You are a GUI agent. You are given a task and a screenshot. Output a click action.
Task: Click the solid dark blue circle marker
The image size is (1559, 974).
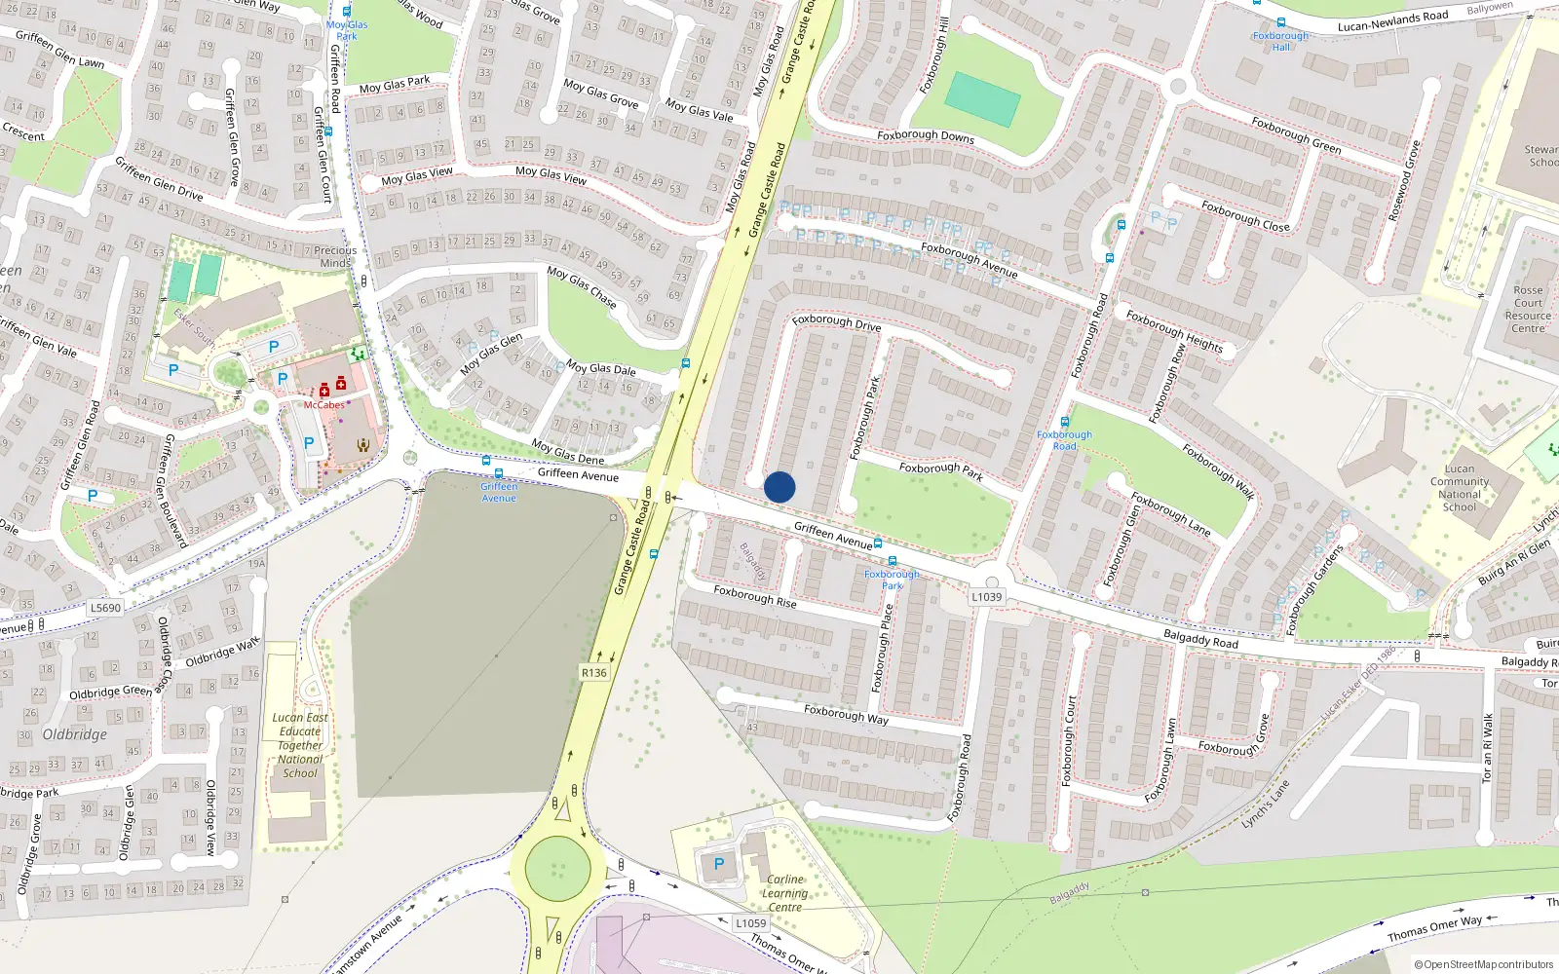click(779, 487)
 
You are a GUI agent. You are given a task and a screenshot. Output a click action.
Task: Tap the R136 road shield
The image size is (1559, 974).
click(593, 673)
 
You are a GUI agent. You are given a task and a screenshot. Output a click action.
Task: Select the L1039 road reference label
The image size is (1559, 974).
click(986, 597)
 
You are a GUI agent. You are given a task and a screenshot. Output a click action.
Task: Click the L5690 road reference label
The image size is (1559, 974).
click(105, 608)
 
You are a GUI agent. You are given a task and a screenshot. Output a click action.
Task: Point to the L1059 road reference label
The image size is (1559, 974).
click(750, 923)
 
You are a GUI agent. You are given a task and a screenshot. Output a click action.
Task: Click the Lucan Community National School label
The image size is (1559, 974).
click(1459, 488)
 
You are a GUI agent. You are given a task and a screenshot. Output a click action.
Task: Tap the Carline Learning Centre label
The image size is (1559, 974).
click(784, 893)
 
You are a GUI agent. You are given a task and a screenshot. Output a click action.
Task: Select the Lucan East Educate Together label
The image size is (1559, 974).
click(300, 745)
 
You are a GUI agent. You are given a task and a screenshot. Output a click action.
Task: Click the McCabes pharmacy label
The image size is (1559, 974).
click(323, 405)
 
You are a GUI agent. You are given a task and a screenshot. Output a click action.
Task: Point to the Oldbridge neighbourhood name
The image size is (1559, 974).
click(75, 734)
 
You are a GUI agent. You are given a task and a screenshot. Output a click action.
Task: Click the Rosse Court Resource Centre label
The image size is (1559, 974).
click(1527, 310)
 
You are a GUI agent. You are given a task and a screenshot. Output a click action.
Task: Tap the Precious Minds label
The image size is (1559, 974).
click(335, 257)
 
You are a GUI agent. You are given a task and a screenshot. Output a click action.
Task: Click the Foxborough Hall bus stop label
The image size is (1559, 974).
click(1280, 41)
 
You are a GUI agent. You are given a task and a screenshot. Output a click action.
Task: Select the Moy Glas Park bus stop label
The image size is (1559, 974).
click(347, 30)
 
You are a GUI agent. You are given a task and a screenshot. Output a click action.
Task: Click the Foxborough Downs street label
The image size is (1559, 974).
click(925, 136)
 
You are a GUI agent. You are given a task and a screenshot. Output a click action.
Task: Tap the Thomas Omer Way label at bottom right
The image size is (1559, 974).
click(1434, 928)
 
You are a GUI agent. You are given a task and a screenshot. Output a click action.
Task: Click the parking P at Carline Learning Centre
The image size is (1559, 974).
click(719, 864)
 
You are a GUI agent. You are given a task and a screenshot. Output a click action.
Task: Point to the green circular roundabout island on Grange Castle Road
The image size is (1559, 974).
click(557, 869)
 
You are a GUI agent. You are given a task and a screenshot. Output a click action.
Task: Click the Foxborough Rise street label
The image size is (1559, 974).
click(755, 596)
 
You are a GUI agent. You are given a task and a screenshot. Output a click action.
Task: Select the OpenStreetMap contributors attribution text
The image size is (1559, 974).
click(1483, 964)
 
